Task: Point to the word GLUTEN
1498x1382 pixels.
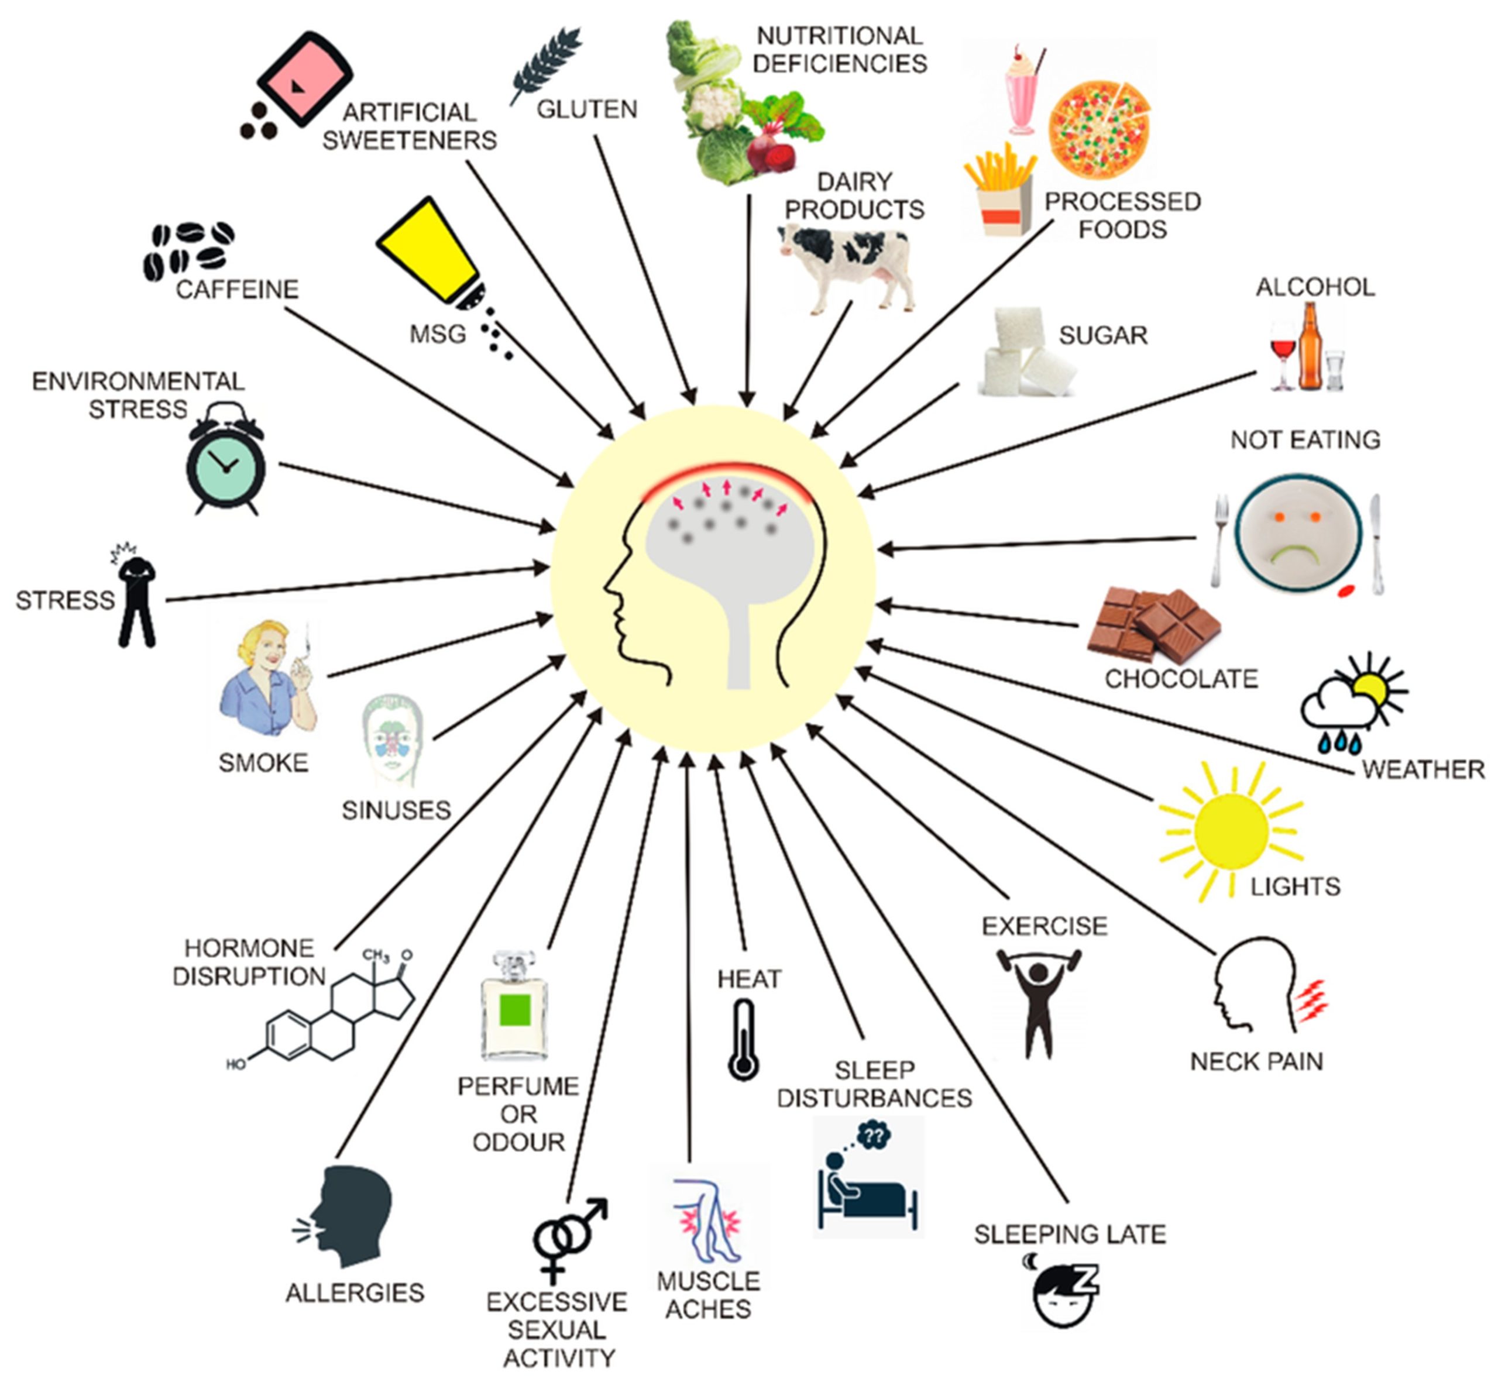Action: [587, 109]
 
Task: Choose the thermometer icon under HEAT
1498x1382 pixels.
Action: [743, 1040]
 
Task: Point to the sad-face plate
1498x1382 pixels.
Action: [1297, 533]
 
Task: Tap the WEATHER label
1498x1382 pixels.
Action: [1423, 769]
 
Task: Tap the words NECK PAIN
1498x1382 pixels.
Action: [1256, 1061]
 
